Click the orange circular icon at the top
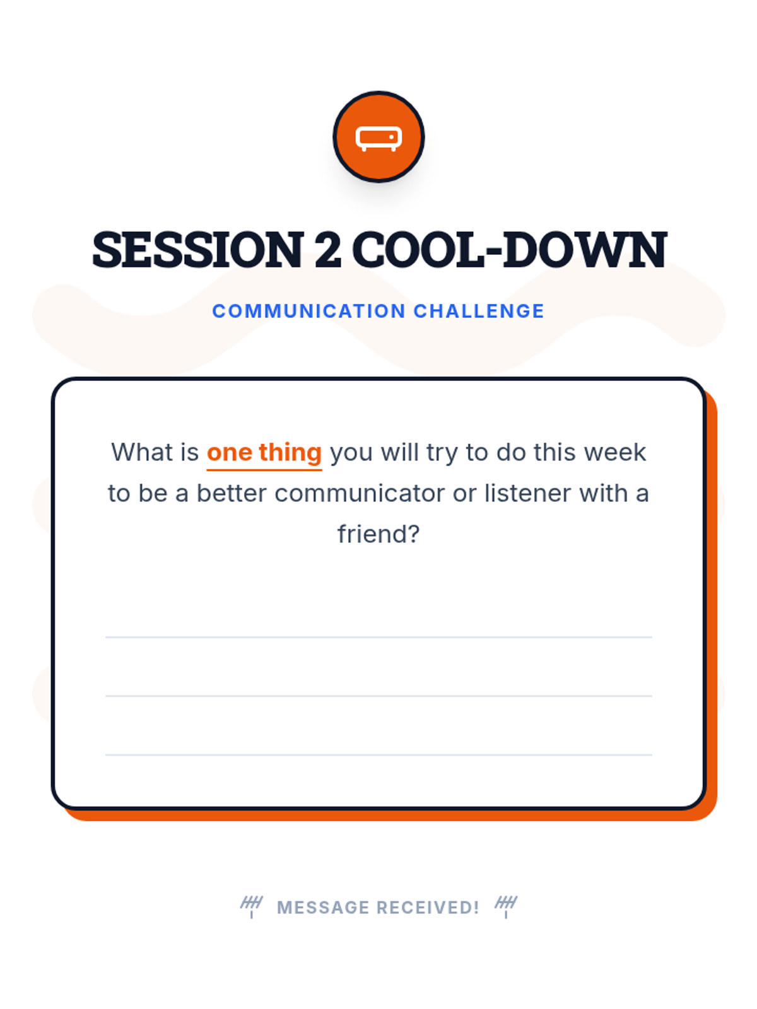378,136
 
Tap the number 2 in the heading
328,249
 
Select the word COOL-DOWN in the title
509,249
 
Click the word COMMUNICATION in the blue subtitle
308,311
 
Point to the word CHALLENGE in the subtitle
479,311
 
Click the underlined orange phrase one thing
264,453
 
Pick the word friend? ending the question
378,534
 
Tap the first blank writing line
378,637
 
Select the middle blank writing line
378,696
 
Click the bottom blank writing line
378,755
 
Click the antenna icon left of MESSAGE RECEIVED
252,906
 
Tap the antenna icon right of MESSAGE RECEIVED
505,906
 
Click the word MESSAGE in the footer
323,907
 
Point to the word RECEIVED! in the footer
428,907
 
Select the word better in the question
232,493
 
